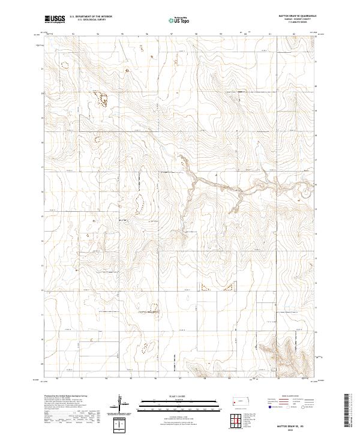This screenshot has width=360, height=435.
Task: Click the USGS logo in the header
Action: click(55, 19)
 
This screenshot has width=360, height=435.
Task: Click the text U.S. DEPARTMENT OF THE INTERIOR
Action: click(91, 17)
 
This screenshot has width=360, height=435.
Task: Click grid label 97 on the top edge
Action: click(172, 34)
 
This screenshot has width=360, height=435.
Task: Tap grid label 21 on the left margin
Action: click(42, 69)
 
